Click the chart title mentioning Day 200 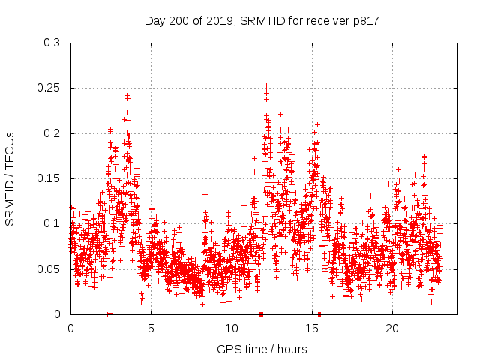pos(262,21)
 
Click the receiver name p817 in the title pos(365,21)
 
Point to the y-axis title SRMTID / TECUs pos(10,178)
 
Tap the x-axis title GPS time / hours pos(262,349)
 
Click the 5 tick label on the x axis pos(151,328)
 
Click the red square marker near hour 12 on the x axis pos(261,313)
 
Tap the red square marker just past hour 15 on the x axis pos(319,313)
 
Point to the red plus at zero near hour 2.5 pos(109,313)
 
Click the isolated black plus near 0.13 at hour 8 pos(205,195)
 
